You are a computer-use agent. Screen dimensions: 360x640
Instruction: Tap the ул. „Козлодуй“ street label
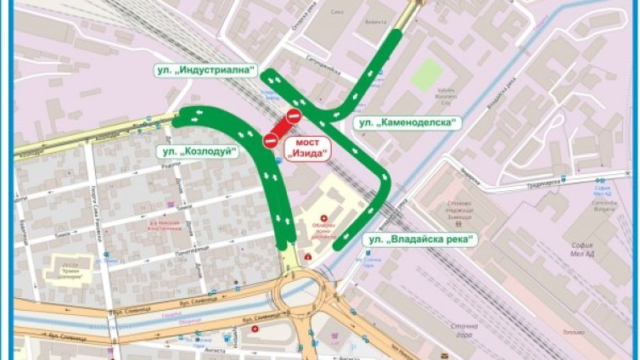(196, 152)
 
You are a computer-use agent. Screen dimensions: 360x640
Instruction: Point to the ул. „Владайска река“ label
(419, 240)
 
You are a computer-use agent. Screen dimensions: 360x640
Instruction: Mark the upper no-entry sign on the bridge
(295, 115)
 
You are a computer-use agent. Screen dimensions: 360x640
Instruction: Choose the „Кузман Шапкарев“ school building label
(72, 266)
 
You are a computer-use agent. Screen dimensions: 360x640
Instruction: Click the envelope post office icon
(444, 352)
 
